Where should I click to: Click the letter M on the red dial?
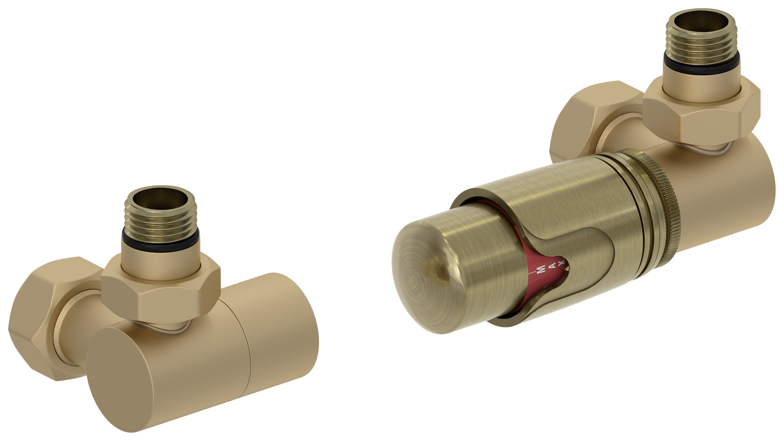(x=541, y=269)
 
